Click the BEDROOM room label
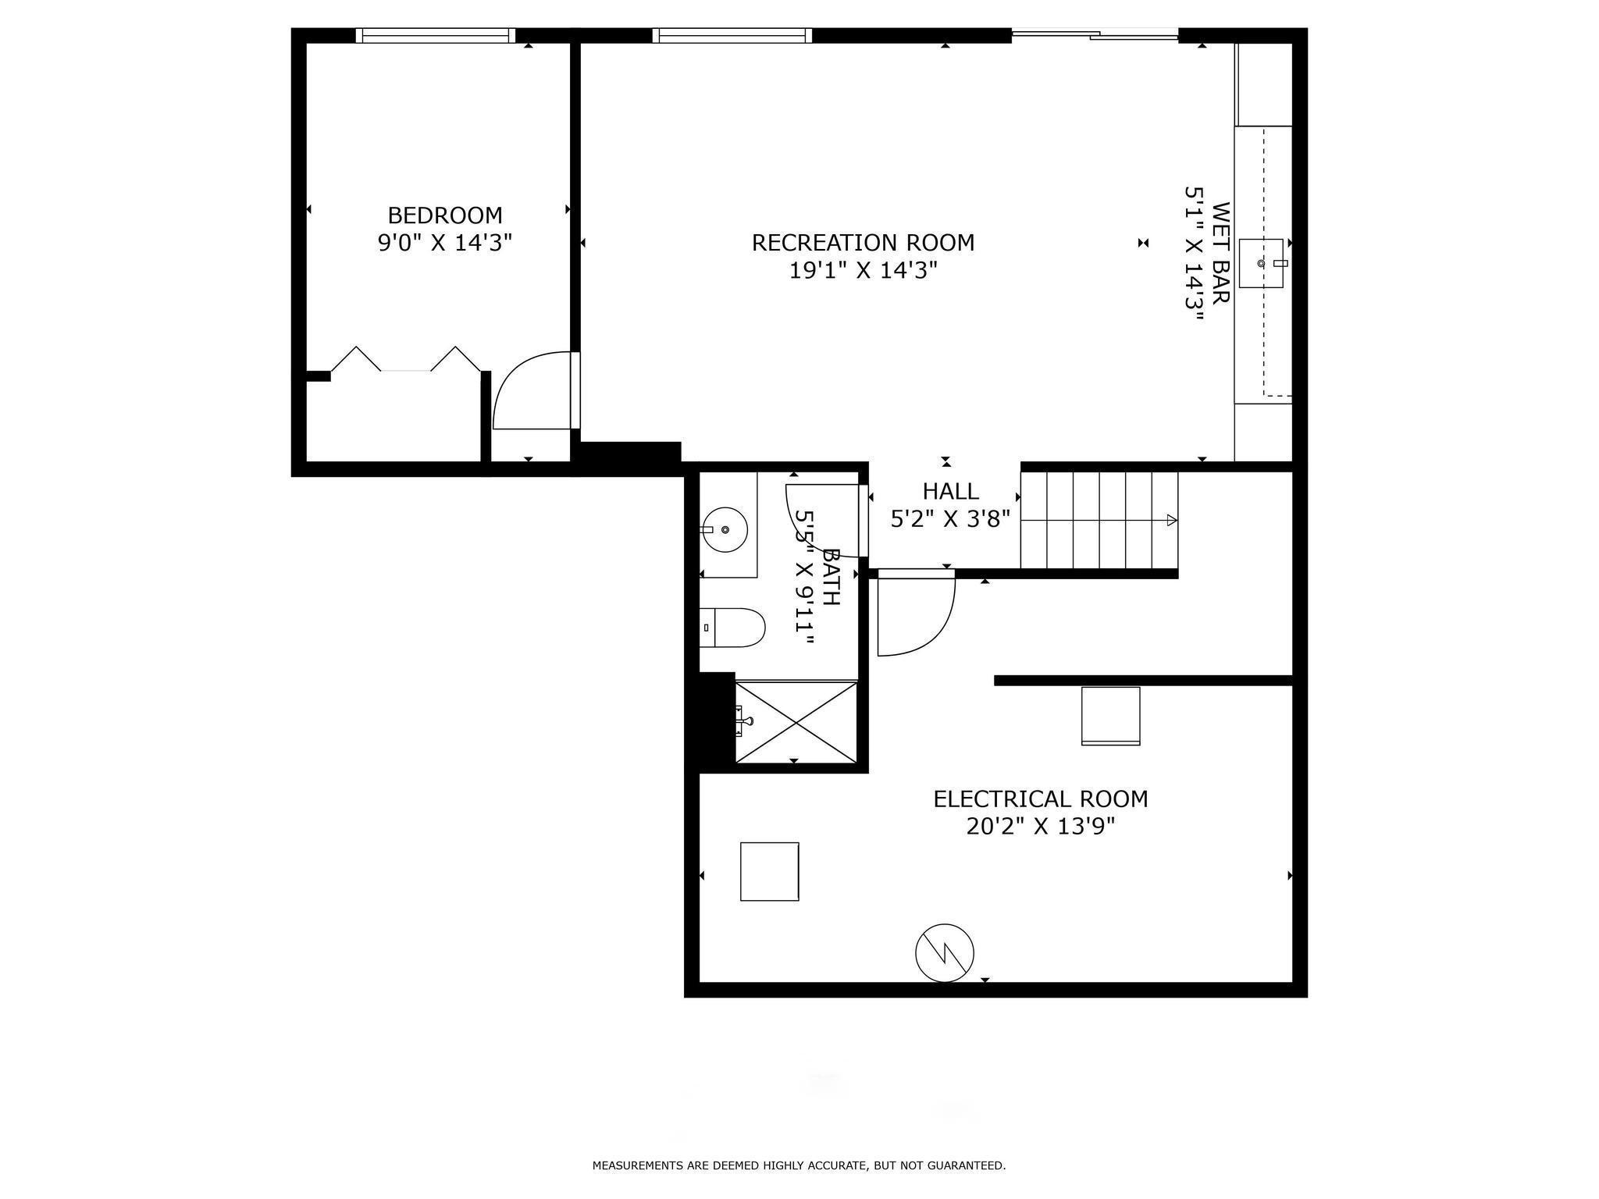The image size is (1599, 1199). pos(445,215)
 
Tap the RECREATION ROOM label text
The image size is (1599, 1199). pos(863,243)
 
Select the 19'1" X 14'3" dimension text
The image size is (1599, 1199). pos(863,270)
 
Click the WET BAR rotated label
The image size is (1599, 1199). pos(1221,253)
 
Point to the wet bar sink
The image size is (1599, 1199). pos(1261,263)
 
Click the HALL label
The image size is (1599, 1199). pos(950,491)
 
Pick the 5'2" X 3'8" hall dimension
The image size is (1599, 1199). pos(950,518)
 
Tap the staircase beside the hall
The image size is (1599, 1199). pos(1099,520)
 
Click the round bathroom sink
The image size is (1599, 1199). pos(725,529)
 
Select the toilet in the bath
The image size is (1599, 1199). pos(732,628)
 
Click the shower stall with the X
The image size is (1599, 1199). pos(796,722)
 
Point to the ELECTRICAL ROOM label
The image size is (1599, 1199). pos(1041,799)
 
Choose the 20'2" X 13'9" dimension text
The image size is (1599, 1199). pos(1041,826)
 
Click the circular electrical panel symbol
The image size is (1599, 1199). pos(945,953)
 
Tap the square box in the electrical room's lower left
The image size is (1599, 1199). pos(769,871)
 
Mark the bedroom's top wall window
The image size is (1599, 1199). pos(436,35)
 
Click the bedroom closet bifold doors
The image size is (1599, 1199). pos(406,359)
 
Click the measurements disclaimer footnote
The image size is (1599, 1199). pos(799,1165)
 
